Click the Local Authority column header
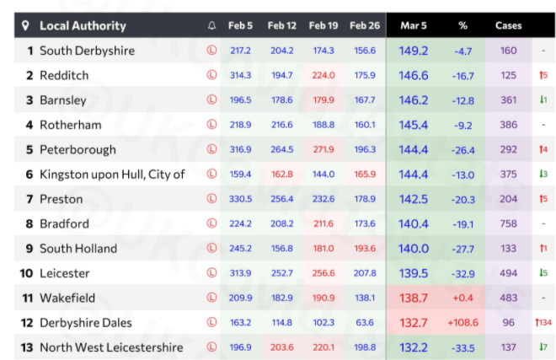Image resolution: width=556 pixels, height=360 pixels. click(83, 26)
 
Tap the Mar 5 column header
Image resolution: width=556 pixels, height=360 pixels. click(413, 26)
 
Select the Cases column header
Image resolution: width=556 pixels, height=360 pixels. click(508, 26)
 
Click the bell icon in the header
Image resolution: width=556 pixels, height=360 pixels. click(212, 26)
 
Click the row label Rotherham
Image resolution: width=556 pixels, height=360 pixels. click(70, 125)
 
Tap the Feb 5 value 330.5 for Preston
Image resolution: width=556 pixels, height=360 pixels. click(240, 199)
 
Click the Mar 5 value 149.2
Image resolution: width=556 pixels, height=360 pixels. click(413, 51)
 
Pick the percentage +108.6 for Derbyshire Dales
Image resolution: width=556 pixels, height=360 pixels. click(462, 323)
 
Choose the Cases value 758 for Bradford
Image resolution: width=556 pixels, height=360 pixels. click(508, 224)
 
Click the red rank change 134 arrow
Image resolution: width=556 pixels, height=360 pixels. click(543, 323)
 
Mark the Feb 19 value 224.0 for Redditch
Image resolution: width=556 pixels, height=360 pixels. click(323, 75)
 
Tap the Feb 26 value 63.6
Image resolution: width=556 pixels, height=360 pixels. click(365, 323)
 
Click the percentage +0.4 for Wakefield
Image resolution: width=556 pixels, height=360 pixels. click(462, 298)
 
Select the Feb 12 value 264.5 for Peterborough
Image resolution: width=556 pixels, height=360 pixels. click(281, 150)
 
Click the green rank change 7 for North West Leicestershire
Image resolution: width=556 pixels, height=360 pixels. click(543, 347)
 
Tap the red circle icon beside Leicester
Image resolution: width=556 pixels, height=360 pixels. click(212, 273)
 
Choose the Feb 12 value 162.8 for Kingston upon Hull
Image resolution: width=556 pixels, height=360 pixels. click(281, 175)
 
